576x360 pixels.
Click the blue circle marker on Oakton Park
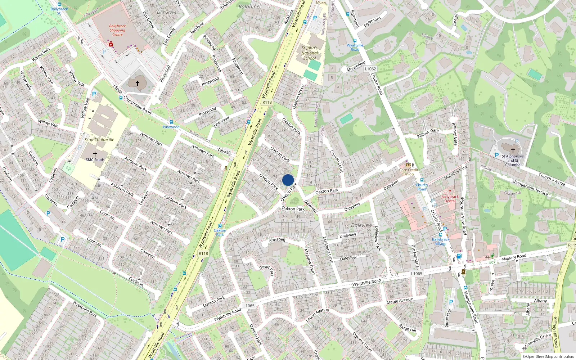(x=288, y=180)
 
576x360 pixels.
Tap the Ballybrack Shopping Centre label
(x=117, y=30)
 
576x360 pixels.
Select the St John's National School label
(x=310, y=53)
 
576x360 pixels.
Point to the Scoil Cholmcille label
(x=99, y=140)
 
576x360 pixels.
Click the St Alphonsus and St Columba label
(x=513, y=161)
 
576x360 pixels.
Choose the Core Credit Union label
(x=409, y=172)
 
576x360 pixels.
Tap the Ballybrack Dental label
(x=450, y=199)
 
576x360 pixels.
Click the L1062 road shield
(x=370, y=69)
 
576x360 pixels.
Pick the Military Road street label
(x=514, y=257)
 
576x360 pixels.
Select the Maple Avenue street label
(x=400, y=301)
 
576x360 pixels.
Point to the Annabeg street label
(x=277, y=239)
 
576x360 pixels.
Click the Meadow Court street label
(x=309, y=262)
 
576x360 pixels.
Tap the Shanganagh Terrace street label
(x=530, y=188)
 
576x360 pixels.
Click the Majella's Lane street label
(x=456, y=173)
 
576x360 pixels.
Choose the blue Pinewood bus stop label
(x=171, y=127)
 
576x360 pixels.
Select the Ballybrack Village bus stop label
(x=441, y=242)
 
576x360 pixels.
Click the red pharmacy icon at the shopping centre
(x=111, y=44)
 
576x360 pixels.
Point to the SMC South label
(x=95, y=160)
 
